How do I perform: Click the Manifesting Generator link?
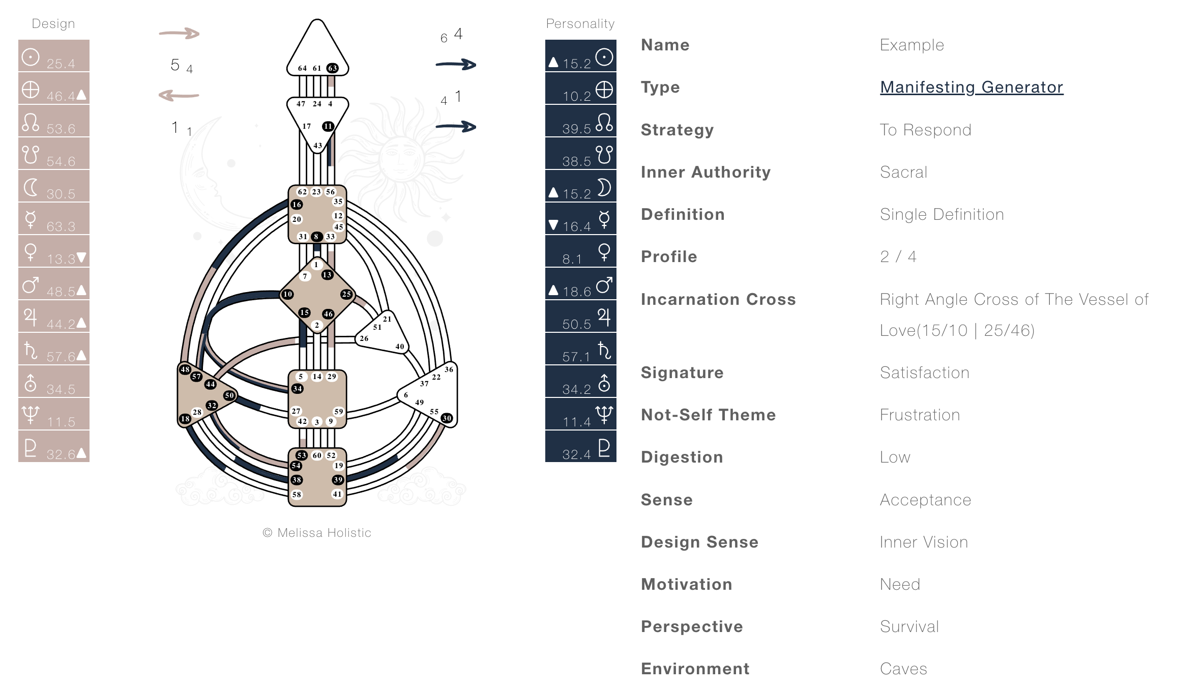click(x=971, y=87)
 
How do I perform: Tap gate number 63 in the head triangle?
click(x=332, y=68)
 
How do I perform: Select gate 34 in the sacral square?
click(x=298, y=389)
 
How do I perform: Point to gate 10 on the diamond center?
click(x=288, y=294)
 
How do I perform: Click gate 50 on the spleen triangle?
click(x=229, y=395)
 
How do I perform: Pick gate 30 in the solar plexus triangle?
click(x=447, y=418)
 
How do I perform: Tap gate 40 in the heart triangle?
click(x=400, y=347)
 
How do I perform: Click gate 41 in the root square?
click(x=337, y=494)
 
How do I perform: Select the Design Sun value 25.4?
click(x=61, y=64)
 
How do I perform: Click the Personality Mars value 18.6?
click(x=576, y=292)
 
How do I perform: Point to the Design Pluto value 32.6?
click(x=61, y=454)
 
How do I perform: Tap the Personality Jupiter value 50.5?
click(x=576, y=324)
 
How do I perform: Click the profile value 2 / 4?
click(x=898, y=256)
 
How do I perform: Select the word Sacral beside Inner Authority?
click(x=903, y=172)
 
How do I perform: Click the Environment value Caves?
click(x=903, y=669)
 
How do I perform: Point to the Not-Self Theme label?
click(x=708, y=415)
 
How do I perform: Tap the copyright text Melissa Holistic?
click(x=317, y=533)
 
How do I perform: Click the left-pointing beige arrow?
click(x=179, y=95)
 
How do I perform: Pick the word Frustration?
click(x=920, y=415)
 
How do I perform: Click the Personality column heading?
click(x=580, y=23)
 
